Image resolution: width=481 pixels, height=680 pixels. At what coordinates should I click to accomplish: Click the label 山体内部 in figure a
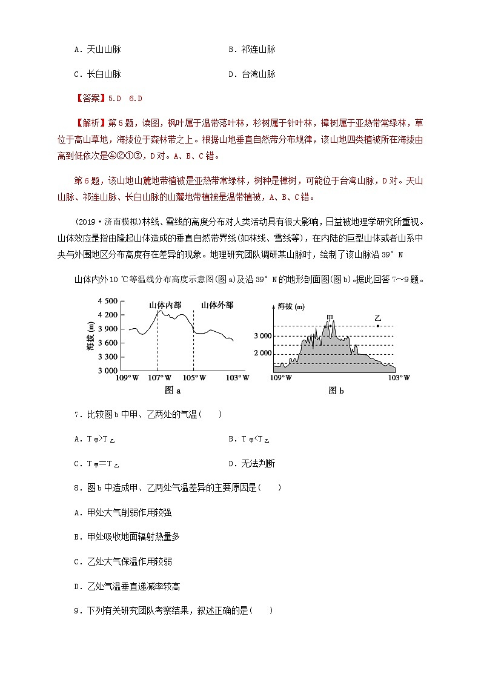point(165,305)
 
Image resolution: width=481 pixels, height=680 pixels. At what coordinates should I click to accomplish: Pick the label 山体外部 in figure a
point(217,305)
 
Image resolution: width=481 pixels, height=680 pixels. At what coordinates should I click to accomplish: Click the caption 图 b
point(336,391)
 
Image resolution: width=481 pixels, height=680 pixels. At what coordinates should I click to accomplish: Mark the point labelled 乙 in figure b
point(378,326)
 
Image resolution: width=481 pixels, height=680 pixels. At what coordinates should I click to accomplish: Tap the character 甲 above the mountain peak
point(330,317)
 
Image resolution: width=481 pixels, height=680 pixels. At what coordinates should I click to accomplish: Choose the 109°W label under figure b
point(280,377)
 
